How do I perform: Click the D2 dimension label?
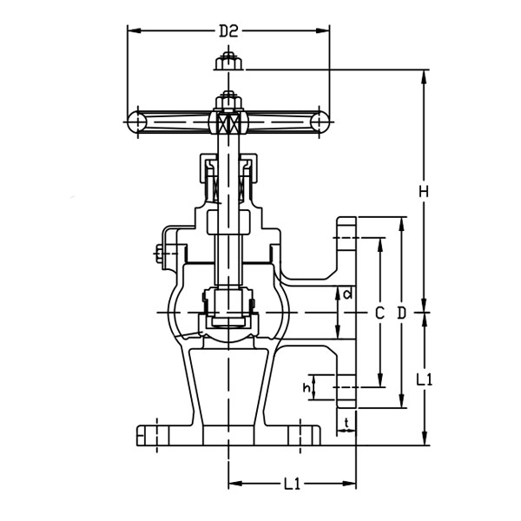[x=228, y=31]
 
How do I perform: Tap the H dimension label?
[x=423, y=189]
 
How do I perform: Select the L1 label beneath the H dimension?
[x=424, y=379]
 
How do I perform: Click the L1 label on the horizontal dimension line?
[x=293, y=484]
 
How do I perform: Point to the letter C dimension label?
[x=379, y=312]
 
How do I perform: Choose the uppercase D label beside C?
[x=402, y=312]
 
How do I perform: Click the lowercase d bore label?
[x=347, y=294]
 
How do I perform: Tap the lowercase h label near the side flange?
[x=306, y=387]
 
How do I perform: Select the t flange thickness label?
[x=347, y=423]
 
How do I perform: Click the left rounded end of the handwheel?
[x=137, y=121]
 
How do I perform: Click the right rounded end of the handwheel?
[x=320, y=121]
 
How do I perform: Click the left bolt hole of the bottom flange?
[x=156, y=432]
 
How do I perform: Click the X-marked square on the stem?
[x=228, y=122]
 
